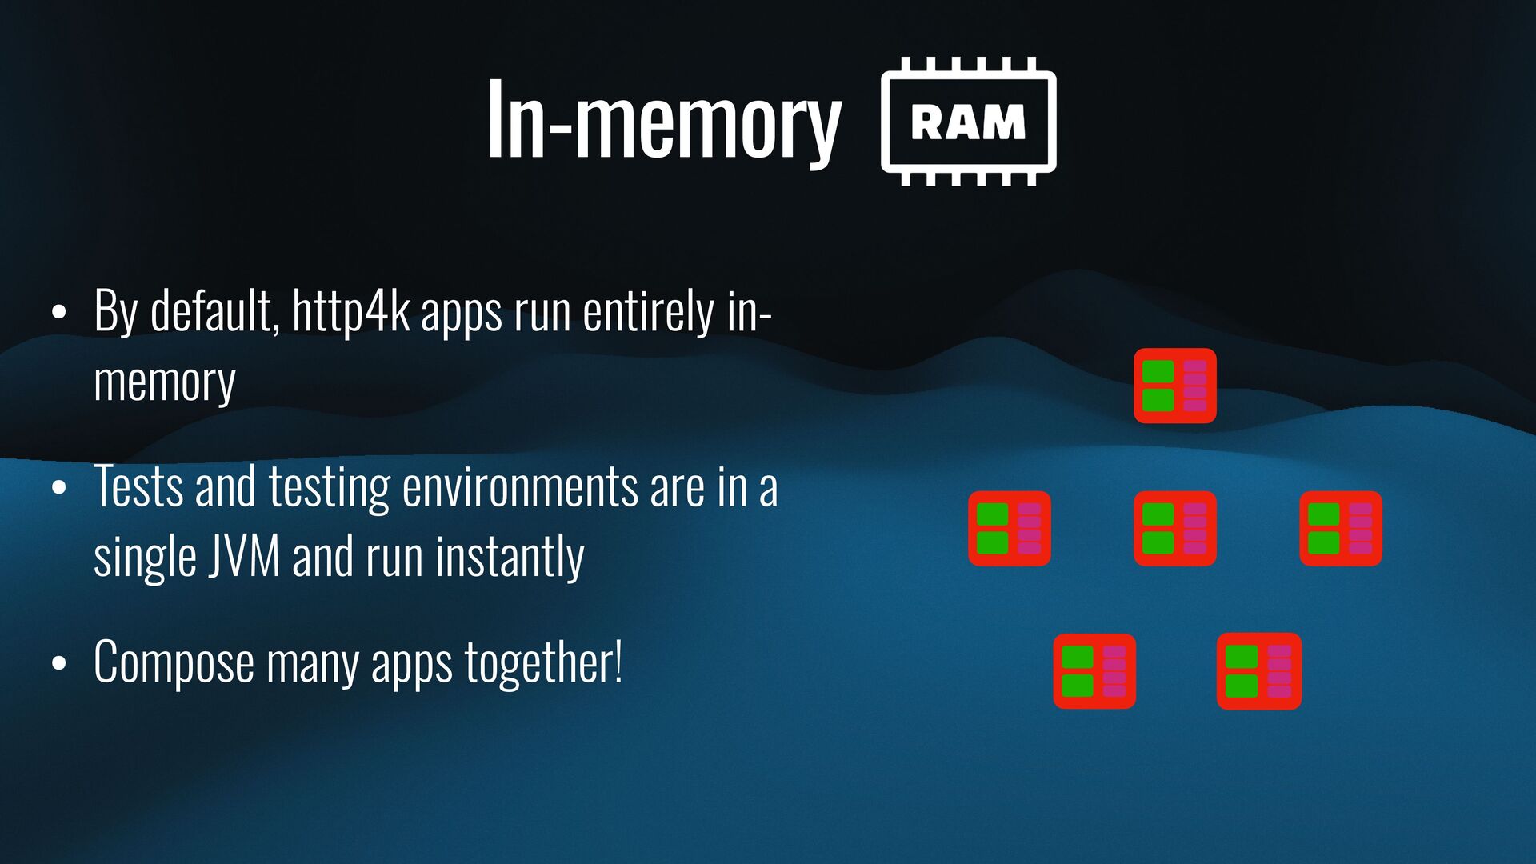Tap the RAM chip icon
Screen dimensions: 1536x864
click(x=968, y=122)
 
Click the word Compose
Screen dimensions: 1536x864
click(x=174, y=662)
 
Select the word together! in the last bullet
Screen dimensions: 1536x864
click(x=544, y=662)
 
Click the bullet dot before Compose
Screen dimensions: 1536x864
click(x=58, y=663)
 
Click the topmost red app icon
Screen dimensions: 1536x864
click(x=1174, y=386)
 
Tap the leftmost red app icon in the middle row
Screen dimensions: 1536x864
click(x=1009, y=528)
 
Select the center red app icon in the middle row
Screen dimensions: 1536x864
click(x=1174, y=528)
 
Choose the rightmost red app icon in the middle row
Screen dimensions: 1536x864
click(x=1340, y=528)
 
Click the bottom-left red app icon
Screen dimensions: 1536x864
click(x=1094, y=670)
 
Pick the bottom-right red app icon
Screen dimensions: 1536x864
click(x=1258, y=670)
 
